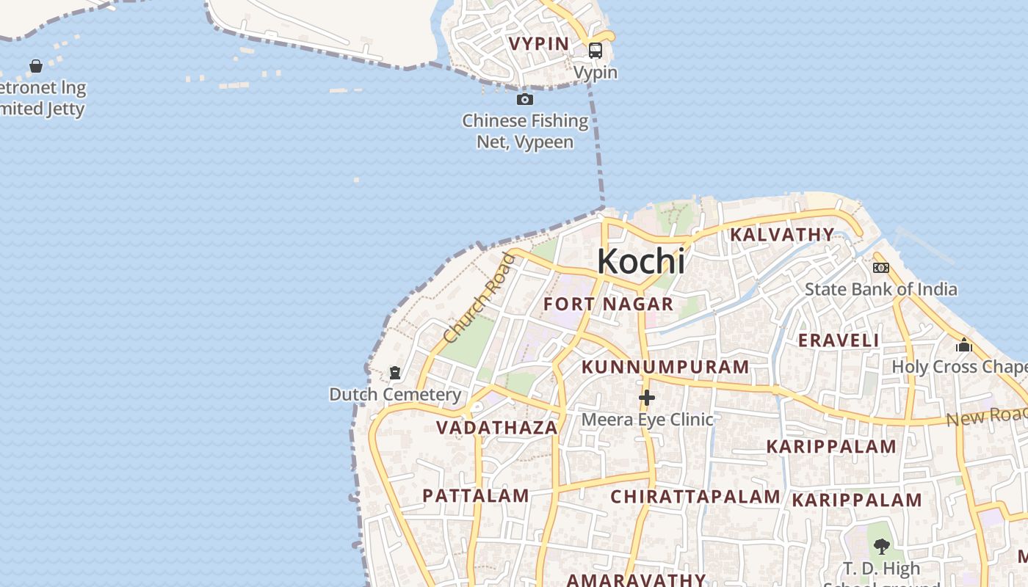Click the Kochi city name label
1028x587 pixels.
click(641, 261)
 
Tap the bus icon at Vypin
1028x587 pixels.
click(596, 50)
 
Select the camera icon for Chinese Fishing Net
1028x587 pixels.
click(525, 99)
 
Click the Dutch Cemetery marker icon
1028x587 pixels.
click(395, 373)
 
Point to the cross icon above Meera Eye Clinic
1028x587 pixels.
click(647, 398)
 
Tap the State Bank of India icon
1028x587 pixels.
click(881, 268)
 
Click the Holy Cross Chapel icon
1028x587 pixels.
click(964, 345)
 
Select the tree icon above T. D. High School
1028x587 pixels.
click(882, 547)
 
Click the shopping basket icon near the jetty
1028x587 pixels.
click(35, 66)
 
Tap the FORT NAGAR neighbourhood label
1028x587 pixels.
click(608, 304)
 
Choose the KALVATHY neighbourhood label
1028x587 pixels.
click(782, 235)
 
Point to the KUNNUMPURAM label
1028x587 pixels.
click(665, 367)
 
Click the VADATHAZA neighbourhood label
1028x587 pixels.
click(497, 428)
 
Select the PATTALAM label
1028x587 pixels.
click(476, 495)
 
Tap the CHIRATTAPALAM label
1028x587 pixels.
click(695, 497)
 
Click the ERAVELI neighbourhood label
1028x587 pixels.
click(839, 340)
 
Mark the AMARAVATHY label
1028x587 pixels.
click(636, 580)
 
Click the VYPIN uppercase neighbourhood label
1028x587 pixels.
click(540, 43)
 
